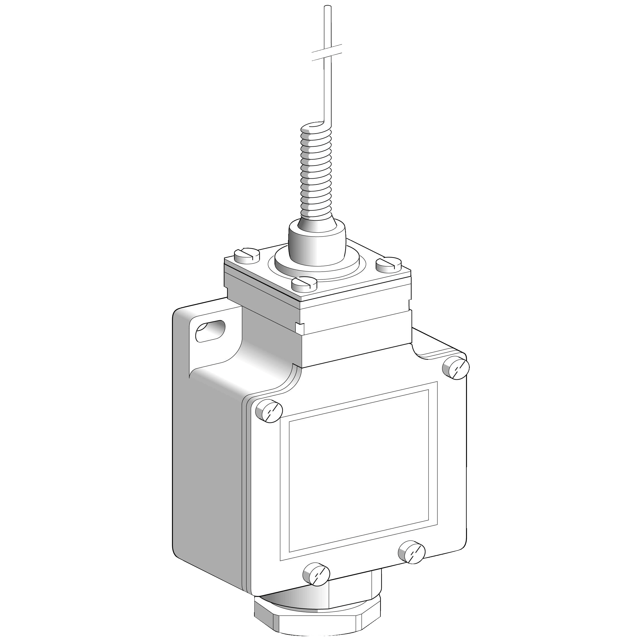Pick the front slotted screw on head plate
click(x=304, y=283)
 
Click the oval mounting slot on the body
click(x=210, y=330)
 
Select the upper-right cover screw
click(x=456, y=368)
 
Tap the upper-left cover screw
click(x=269, y=411)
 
